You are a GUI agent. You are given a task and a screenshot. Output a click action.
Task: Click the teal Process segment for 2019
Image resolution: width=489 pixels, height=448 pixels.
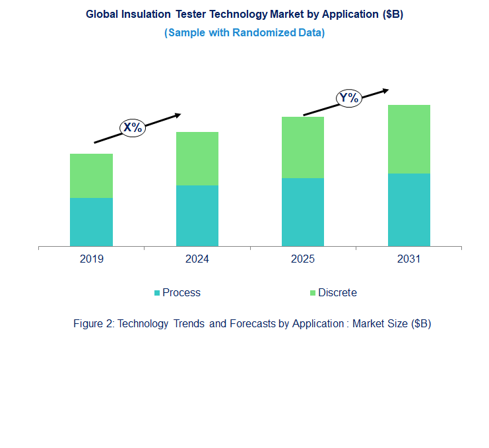pyautogui.click(x=91, y=222)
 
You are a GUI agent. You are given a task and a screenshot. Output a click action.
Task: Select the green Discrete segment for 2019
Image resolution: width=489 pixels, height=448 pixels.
pyautogui.click(x=91, y=176)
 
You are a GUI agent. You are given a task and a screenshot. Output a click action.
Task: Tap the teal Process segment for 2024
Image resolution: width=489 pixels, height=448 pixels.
pyautogui.click(x=197, y=216)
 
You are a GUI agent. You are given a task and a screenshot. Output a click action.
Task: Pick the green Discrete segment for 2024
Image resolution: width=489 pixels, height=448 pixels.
pyautogui.click(x=197, y=158)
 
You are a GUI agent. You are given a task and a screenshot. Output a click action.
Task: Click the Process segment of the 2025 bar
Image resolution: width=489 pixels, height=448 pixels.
pyautogui.click(x=303, y=212)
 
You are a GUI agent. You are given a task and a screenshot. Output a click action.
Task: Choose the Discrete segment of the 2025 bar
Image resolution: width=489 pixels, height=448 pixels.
pyautogui.click(x=303, y=147)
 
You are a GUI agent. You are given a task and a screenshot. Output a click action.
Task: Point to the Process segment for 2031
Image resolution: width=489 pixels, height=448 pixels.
pyautogui.click(x=408, y=210)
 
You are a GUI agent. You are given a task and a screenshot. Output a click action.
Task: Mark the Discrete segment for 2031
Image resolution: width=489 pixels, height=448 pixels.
pyautogui.click(x=408, y=139)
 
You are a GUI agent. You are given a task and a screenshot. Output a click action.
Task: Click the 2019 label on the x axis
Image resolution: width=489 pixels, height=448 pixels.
pyautogui.click(x=91, y=259)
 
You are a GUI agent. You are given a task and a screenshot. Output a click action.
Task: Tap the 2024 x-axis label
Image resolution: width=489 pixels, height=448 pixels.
pyautogui.click(x=197, y=259)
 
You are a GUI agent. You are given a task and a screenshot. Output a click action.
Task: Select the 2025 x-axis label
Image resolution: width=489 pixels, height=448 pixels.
pyautogui.click(x=303, y=259)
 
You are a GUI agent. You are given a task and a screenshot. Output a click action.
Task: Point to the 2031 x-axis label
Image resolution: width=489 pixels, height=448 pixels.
pyautogui.click(x=408, y=259)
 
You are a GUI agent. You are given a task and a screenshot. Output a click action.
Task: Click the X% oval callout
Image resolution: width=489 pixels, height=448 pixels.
pyautogui.click(x=133, y=128)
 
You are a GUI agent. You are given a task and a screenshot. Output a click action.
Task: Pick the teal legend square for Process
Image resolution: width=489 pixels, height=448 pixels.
pyautogui.click(x=157, y=293)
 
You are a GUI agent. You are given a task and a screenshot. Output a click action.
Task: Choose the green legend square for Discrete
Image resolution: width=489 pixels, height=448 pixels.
pyautogui.click(x=313, y=293)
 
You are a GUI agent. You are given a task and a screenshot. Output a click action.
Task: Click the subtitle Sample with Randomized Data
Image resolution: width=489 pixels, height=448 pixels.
pyautogui.click(x=244, y=32)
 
